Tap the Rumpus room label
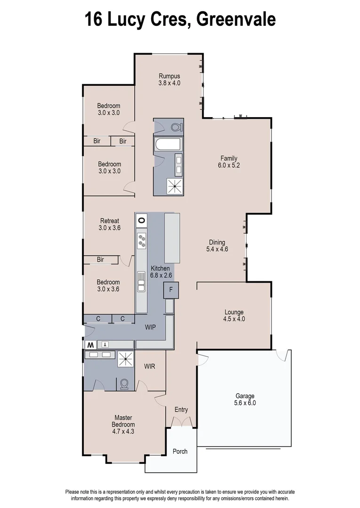point(169,79)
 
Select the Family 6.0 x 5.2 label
point(229,162)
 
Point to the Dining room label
point(217,246)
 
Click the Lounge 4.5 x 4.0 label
point(234,315)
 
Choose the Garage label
point(244,399)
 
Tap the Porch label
point(180,451)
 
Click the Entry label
point(181,410)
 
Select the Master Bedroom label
point(123,424)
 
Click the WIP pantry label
point(151,326)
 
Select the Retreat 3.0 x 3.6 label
point(109,224)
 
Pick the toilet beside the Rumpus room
point(176,127)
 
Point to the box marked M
point(89,345)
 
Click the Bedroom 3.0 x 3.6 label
point(108,286)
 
